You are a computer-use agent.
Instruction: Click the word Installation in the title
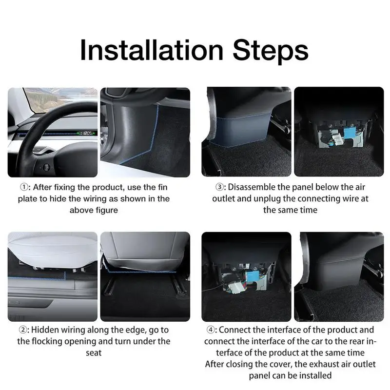(x=152, y=50)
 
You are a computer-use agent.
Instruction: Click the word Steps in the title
(x=271, y=52)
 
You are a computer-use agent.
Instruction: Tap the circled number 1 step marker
(x=24, y=187)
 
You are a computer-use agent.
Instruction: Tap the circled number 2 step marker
(x=22, y=330)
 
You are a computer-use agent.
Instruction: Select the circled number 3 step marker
(x=219, y=187)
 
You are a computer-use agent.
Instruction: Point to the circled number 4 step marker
(x=211, y=330)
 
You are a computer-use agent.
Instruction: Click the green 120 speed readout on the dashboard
(x=87, y=133)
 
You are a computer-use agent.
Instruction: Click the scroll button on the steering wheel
(x=46, y=167)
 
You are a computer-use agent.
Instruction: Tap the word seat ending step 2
(x=94, y=353)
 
